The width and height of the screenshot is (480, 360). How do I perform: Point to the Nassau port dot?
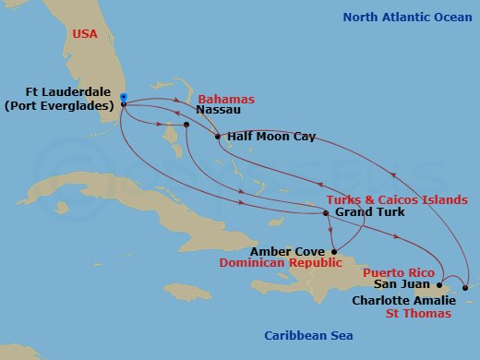point(186,125)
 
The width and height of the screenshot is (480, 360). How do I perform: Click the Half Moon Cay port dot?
point(217,138)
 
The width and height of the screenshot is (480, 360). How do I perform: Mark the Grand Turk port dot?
point(326,214)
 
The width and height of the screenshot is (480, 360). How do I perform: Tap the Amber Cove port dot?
point(334,250)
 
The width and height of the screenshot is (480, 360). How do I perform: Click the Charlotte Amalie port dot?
point(465,289)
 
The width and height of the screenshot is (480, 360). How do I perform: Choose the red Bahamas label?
point(225,99)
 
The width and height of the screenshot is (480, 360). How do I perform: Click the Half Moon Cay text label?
point(270,138)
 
